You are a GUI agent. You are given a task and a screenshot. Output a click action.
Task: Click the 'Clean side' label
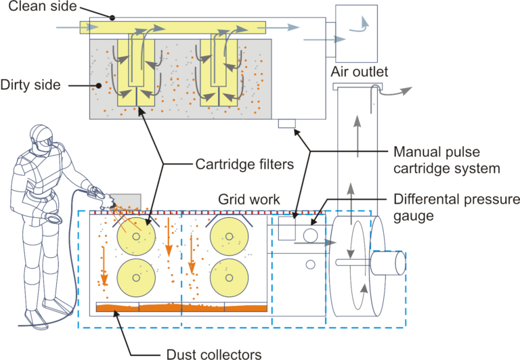pos(43,6)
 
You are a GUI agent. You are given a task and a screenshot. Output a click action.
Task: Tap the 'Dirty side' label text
pos(30,85)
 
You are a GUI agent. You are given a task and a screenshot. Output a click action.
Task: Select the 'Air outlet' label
pos(360,72)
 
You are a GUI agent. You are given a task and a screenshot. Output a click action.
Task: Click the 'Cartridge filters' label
pos(244,164)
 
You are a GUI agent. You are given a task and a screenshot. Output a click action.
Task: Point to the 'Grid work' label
pos(249,200)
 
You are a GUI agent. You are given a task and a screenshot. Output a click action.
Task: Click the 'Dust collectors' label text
pos(214,354)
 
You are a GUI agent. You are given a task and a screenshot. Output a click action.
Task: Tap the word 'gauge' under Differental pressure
pos(414,216)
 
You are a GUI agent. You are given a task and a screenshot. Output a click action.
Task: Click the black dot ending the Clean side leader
pos(112,18)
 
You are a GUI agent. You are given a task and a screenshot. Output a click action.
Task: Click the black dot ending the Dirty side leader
pos(98,85)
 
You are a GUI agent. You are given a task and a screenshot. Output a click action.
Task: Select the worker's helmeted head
pos(41,137)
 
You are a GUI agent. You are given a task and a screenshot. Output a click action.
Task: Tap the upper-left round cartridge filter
pos(136,236)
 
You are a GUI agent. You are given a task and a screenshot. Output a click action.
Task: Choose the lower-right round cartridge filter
pos(229,277)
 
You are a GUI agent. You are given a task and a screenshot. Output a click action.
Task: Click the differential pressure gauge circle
pos(310,235)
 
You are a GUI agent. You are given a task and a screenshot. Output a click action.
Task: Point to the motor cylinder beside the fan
pos(388,263)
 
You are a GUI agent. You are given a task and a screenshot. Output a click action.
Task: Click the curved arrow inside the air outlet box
pos(360,26)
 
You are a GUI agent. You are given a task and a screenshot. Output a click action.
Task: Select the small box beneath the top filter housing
pos(287,123)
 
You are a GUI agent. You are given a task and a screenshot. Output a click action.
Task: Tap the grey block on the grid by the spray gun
pos(126,202)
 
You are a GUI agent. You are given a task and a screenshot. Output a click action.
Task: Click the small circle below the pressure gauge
pos(310,265)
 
